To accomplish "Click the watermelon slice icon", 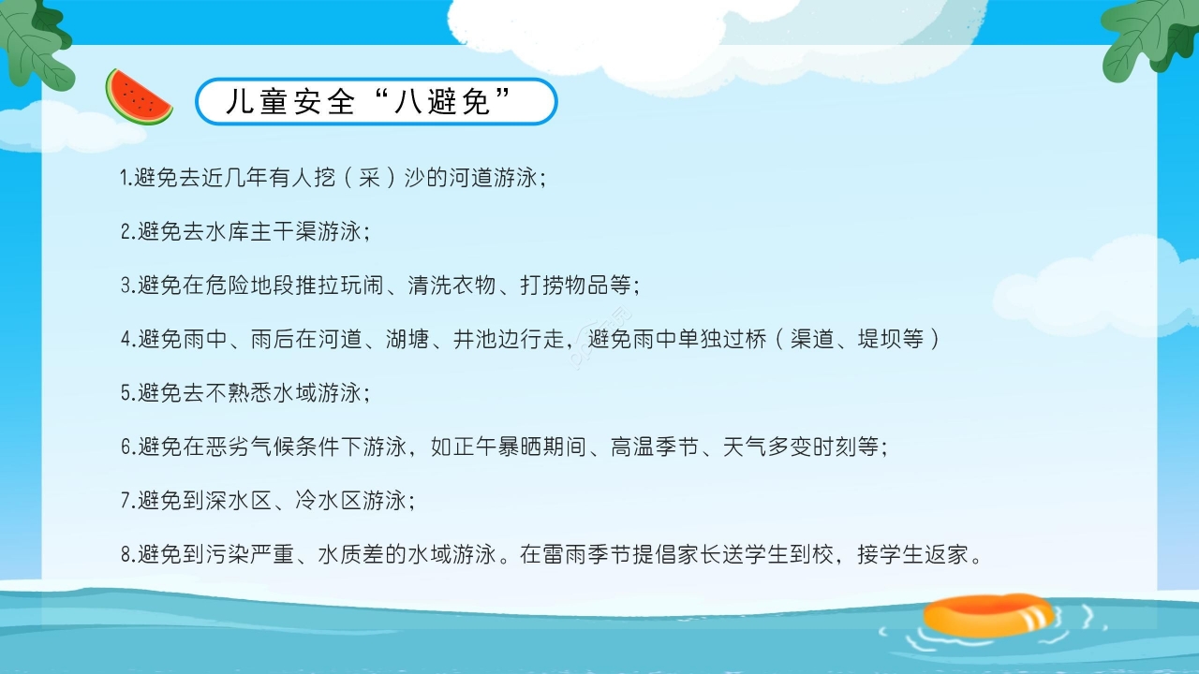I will pyautogui.click(x=138, y=97).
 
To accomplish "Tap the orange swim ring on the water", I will pyautogui.click(x=988, y=614).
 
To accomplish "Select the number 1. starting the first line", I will pyautogui.click(x=126, y=177).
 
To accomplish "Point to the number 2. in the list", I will pyautogui.click(x=128, y=232).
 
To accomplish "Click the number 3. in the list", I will pyautogui.click(x=128, y=286).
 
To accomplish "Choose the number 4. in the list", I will pyautogui.click(x=128, y=339).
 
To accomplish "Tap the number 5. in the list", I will pyautogui.click(x=128, y=393).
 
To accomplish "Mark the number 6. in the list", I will pyautogui.click(x=128, y=447).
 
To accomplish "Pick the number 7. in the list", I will pyautogui.click(x=128, y=501).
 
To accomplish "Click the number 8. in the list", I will pyautogui.click(x=128, y=554).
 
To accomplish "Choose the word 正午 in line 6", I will pyautogui.click(x=475, y=447).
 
